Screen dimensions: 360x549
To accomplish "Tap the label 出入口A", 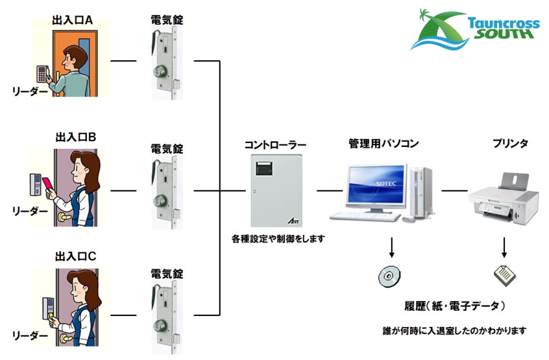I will coord(72,20).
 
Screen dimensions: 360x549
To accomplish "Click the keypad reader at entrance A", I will coord(42,74).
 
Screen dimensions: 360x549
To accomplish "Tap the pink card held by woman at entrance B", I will coord(47,185).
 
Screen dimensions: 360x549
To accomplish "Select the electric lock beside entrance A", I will coord(166,64).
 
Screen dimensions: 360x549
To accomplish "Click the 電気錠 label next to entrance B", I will coord(167,149).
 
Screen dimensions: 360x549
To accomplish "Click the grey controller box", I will coord(276,190).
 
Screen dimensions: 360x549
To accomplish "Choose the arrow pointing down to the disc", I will coord(391,247).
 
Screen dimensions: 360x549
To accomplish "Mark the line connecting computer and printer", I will coord(455,190).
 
